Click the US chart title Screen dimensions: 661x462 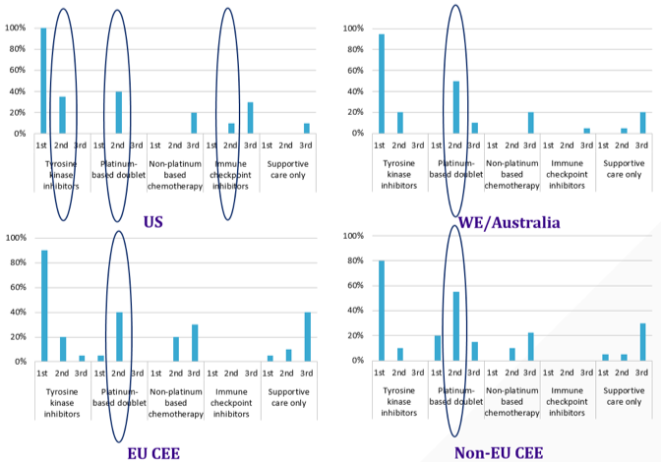tap(153, 222)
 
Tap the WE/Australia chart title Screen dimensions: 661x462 tap(510, 222)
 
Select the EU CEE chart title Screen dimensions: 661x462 tap(153, 453)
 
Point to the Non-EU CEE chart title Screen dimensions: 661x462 tap(499, 453)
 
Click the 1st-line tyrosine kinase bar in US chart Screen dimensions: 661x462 tap(43, 81)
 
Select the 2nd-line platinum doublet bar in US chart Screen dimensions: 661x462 tap(119, 112)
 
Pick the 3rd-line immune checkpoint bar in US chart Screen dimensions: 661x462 tap(251, 118)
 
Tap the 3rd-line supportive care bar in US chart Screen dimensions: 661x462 tap(307, 129)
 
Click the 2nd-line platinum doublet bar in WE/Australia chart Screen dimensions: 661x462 tap(456, 107)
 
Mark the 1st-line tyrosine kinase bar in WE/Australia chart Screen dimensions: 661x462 tap(382, 84)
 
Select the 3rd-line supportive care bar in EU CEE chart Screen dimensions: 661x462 tap(308, 337)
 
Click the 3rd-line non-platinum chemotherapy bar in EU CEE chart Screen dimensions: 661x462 tap(195, 343)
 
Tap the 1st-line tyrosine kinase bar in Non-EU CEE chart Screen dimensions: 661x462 tap(382, 311)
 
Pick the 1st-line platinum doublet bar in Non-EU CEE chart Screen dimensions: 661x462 tap(438, 348)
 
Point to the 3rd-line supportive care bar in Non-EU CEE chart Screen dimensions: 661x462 tap(643, 342)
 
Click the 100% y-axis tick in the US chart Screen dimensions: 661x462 tap(15, 29)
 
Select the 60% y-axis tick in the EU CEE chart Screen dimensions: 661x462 tap(18, 287)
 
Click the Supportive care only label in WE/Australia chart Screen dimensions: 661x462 tap(624, 169)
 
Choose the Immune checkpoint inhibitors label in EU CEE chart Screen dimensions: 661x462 tap(231, 403)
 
